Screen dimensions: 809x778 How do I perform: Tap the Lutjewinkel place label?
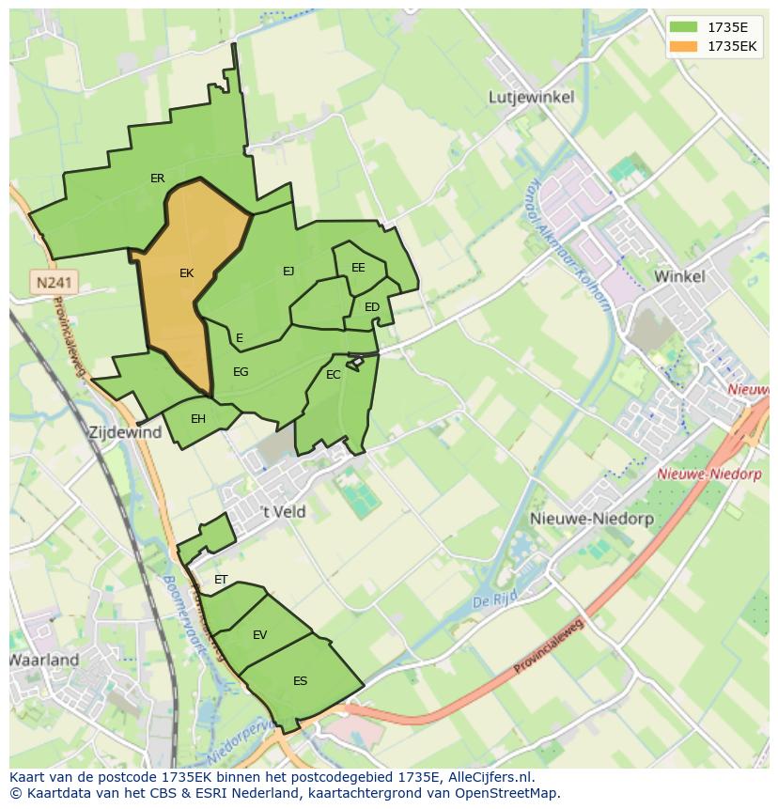(x=532, y=97)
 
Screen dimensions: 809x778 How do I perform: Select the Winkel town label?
(x=678, y=276)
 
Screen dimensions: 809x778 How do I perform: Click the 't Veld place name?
(x=283, y=511)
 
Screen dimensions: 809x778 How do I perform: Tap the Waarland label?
(x=44, y=660)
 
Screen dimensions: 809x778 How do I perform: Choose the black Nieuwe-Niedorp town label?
(x=579, y=519)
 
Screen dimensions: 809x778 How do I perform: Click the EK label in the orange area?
(x=186, y=273)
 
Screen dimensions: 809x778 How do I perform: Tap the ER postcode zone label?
(x=157, y=179)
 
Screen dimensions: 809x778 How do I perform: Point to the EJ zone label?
(x=288, y=272)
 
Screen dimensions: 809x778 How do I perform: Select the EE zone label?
(x=358, y=268)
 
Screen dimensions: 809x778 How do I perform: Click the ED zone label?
(x=372, y=307)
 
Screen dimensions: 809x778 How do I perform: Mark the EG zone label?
(x=241, y=372)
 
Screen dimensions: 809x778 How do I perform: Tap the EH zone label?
(x=198, y=419)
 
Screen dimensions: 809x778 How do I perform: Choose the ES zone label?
(x=300, y=681)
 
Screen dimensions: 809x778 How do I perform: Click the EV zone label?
(x=259, y=635)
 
